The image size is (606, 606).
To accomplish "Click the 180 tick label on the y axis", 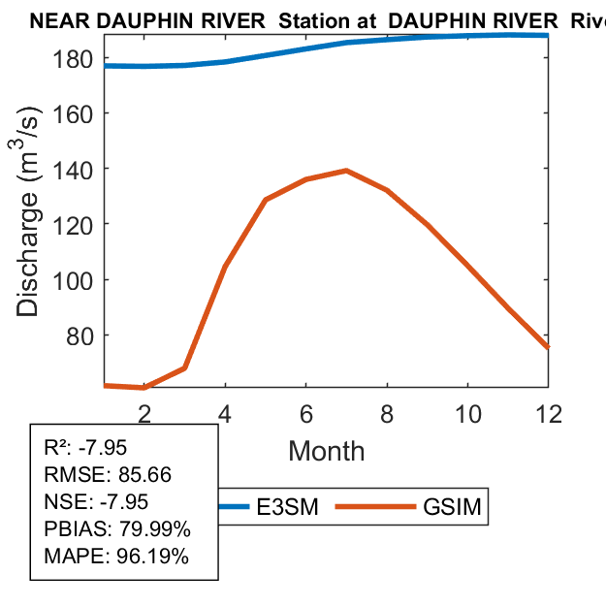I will [x=73, y=58].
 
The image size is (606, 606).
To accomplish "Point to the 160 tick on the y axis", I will [x=73, y=113].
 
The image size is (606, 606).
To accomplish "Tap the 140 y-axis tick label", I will [x=73, y=169].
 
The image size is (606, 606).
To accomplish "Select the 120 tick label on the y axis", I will [x=73, y=224].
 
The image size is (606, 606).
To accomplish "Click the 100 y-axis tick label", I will [x=73, y=280].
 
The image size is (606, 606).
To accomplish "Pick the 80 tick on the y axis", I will [x=80, y=335].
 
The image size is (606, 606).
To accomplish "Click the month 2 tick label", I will [x=144, y=412].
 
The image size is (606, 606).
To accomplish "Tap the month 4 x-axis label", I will [x=225, y=412].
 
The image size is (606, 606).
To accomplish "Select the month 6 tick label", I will [x=305, y=412].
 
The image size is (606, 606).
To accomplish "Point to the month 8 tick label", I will [x=387, y=412].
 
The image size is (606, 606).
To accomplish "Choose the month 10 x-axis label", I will [x=467, y=412].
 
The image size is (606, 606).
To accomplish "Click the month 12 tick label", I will [x=548, y=412].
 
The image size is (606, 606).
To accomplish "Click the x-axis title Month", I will [x=326, y=451].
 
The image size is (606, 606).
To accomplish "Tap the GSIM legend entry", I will [x=452, y=506].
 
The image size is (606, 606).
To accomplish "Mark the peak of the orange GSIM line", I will [x=346, y=171].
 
